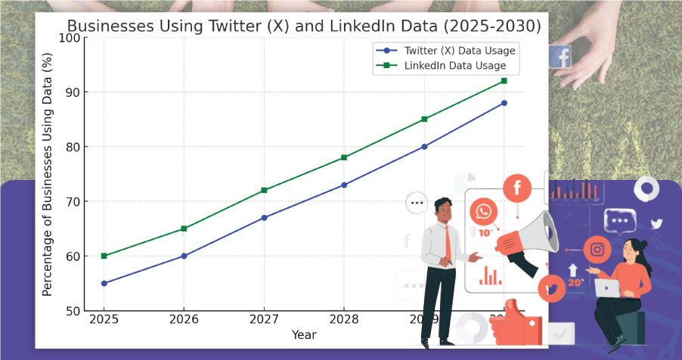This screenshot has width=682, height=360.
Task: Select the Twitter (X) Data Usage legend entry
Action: pos(459,51)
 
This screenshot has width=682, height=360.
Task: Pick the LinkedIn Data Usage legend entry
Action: pos(454,66)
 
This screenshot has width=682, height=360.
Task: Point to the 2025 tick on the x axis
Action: pos(104,318)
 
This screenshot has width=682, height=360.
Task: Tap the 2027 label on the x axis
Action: pos(264,318)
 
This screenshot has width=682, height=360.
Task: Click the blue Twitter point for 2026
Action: pos(184,256)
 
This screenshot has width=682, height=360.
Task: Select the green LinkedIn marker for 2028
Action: pos(344,157)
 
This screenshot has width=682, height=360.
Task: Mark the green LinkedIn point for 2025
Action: pos(104,256)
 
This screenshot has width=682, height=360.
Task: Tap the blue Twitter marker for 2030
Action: pos(504,103)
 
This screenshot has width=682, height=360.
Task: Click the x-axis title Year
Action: pos(304,334)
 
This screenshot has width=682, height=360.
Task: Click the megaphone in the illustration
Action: pos(529,234)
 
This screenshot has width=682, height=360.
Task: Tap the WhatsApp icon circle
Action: pos(483,211)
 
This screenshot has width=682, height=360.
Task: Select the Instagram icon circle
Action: pos(597,250)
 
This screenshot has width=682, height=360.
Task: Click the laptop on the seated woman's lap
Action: pos(607,287)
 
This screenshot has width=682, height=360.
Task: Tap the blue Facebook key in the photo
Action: pos(560,57)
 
